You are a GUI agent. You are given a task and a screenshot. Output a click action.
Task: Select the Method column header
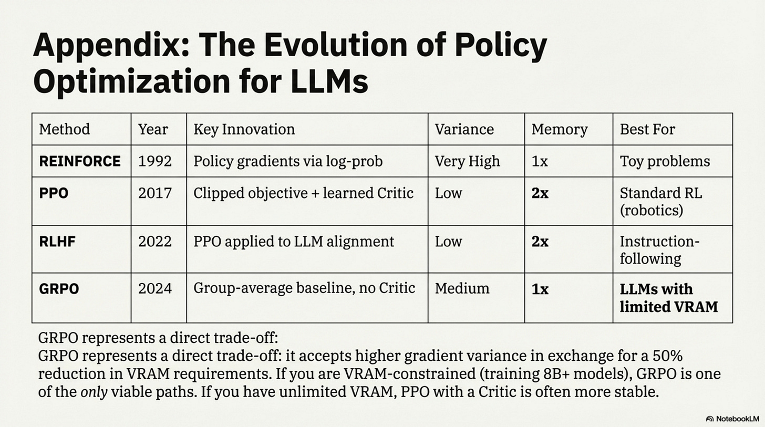coord(65,129)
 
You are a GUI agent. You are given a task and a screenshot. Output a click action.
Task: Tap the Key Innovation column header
coord(244,129)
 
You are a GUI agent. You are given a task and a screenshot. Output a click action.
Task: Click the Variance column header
coord(464,129)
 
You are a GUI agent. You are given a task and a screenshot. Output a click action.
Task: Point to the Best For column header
coord(647,129)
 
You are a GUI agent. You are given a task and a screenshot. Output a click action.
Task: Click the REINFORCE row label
coord(80,161)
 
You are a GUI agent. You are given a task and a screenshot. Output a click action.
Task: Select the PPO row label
coord(54,193)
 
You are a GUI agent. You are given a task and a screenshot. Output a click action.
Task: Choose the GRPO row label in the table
coord(59,289)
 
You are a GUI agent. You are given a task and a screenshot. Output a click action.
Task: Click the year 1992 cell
coord(154,161)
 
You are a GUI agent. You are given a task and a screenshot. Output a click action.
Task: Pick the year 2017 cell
coord(154,193)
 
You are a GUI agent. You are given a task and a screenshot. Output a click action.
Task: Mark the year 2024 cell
coord(154,289)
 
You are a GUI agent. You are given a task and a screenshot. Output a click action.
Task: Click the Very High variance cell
coord(467,161)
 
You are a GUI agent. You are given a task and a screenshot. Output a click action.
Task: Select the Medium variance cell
coord(462,288)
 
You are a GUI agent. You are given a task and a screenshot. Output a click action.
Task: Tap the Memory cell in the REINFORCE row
coord(540,161)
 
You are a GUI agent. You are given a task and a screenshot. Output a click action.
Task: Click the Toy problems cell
coord(665,161)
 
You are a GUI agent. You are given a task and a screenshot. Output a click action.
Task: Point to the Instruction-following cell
coord(659,250)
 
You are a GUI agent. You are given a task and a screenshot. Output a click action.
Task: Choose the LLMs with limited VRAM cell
coord(668,297)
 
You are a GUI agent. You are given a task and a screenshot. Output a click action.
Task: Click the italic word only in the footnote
coord(94,391)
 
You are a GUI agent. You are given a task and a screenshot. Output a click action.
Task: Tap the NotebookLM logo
coord(732,419)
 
